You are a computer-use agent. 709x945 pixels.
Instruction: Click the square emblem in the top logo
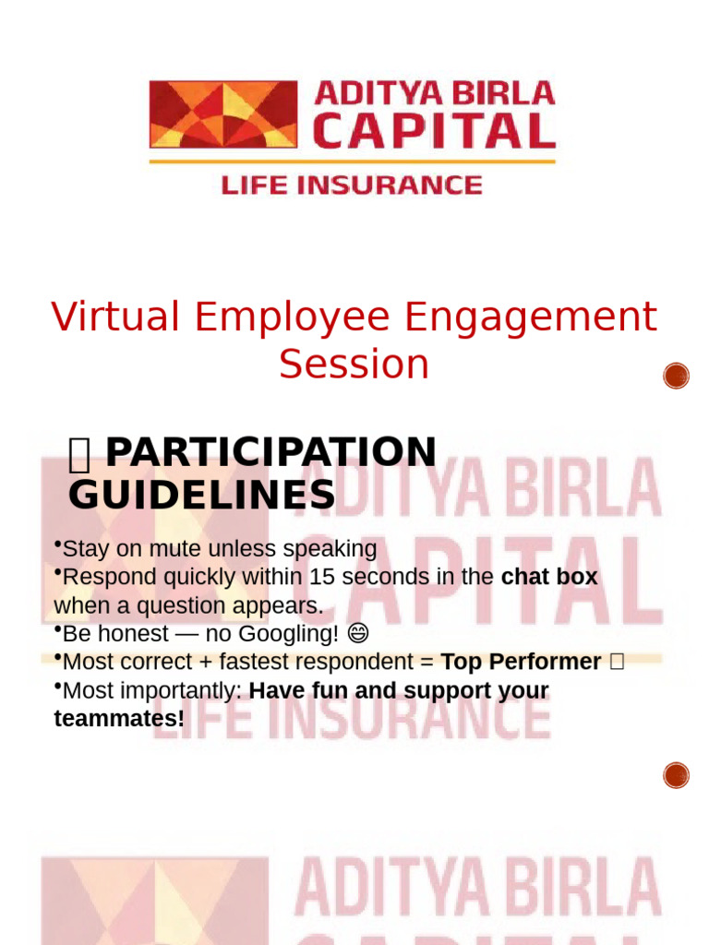223,114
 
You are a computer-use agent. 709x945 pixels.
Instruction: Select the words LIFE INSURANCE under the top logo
352,185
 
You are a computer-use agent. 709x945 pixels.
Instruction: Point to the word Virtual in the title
116,317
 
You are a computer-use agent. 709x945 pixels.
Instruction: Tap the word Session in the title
354,364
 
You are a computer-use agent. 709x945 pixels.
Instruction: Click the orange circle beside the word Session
677,376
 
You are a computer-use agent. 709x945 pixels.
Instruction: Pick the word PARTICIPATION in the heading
270,452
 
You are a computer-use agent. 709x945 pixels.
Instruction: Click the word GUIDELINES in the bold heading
201,496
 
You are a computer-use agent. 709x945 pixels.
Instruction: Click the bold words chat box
549,578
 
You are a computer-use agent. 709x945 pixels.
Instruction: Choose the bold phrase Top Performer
521,663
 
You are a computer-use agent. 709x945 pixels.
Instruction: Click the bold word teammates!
119,719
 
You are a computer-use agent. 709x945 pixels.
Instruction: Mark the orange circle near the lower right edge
677,775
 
